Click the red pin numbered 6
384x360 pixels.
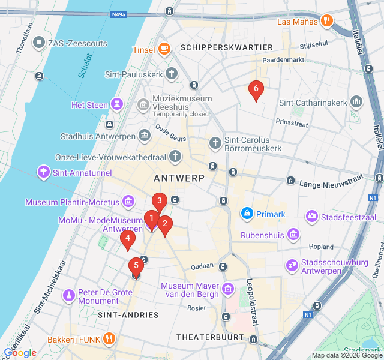(x=256, y=90)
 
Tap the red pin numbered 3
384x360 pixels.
(x=159, y=201)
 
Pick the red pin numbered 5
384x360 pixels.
(x=136, y=266)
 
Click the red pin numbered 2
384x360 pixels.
(x=165, y=224)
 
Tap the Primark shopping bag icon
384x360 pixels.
(x=247, y=214)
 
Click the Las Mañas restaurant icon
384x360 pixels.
(x=326, y=21)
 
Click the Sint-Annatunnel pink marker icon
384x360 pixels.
(x=44, y=173)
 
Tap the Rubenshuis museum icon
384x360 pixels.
(x=293, y=235)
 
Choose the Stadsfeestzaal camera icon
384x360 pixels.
(x=312, y=216)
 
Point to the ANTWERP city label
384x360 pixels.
(x=179, y=178)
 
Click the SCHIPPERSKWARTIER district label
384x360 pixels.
(x=226, y=47)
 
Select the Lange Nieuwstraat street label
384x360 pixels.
(x=331, y=178)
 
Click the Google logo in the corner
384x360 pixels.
(x=20, y=353)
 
